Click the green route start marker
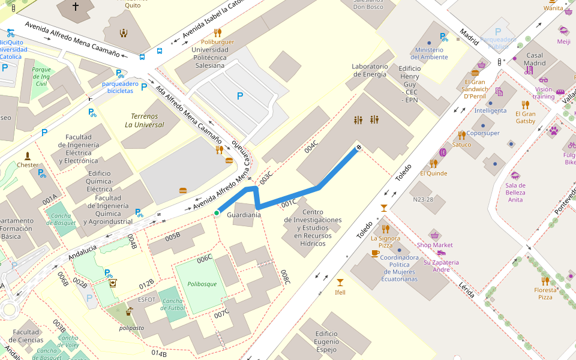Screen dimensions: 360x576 pyautogui.click(x=217, y=213)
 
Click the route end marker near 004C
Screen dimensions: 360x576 pyautogui.click(x=359, y=147)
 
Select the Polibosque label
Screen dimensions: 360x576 pyautogui.click(x=202, y=284)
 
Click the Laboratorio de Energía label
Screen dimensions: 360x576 pyautogui.click(x=370, y=70)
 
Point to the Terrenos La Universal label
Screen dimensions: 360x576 pyautogui.click(x=144, y=120)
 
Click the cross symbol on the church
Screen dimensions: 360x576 pyautogui.click(x=76, y=7)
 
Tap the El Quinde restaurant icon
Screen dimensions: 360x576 pyautogui.click(x=433, y=163)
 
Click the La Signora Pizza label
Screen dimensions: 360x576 pyautogui.click(x=385, y=242)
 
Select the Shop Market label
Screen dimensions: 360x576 pyautogui.click(x=435, y=245)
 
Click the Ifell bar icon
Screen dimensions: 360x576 pyautogui.click(x=340, y=283)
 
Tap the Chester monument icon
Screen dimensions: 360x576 pyautogui.click(x=28, y=156)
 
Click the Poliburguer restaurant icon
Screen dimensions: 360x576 pyautogui.click(x=217, y=32)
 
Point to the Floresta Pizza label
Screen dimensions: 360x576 pyautogui.click(x=545, y=293)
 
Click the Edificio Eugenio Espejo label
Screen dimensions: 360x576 pyautogui.click(x=326, y=341)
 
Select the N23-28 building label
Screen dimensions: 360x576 pyautogui.click(x=422, y=200)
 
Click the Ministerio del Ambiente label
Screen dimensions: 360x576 pyautogui.click(x=429, y=53)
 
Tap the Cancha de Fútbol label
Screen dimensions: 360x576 pyautogui.click(x=173, y=304)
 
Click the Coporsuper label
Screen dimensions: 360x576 pyautogui.click(x=483, y=133)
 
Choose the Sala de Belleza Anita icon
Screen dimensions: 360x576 pyautogui.click(x=515, y=175)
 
